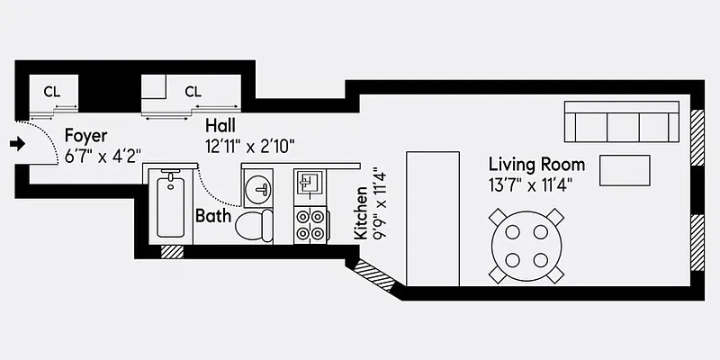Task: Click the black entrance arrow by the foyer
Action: pyautogui.click(x=15, y=143)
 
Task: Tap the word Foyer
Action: pyautogui.click(x=85, y=137)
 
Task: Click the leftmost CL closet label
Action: pyautogui.click(x=51, y=91)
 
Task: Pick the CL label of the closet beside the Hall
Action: pyautogui.click(x=193, y=91)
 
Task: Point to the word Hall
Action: pyautogui.click(x=221, y=125)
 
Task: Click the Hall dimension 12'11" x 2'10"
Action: pyautogui.click(x=250, y=144)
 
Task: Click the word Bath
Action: pyautogui.click(x=213, y=216)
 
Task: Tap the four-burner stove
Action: pyautogui.click(x=310, y=224)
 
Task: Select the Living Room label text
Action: pyautogui.click(x=536, y=165)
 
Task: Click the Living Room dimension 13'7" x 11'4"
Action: pyautogui.click(x=531, y=184)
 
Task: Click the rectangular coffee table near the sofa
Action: pyautogui.click(x=625, y=169)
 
